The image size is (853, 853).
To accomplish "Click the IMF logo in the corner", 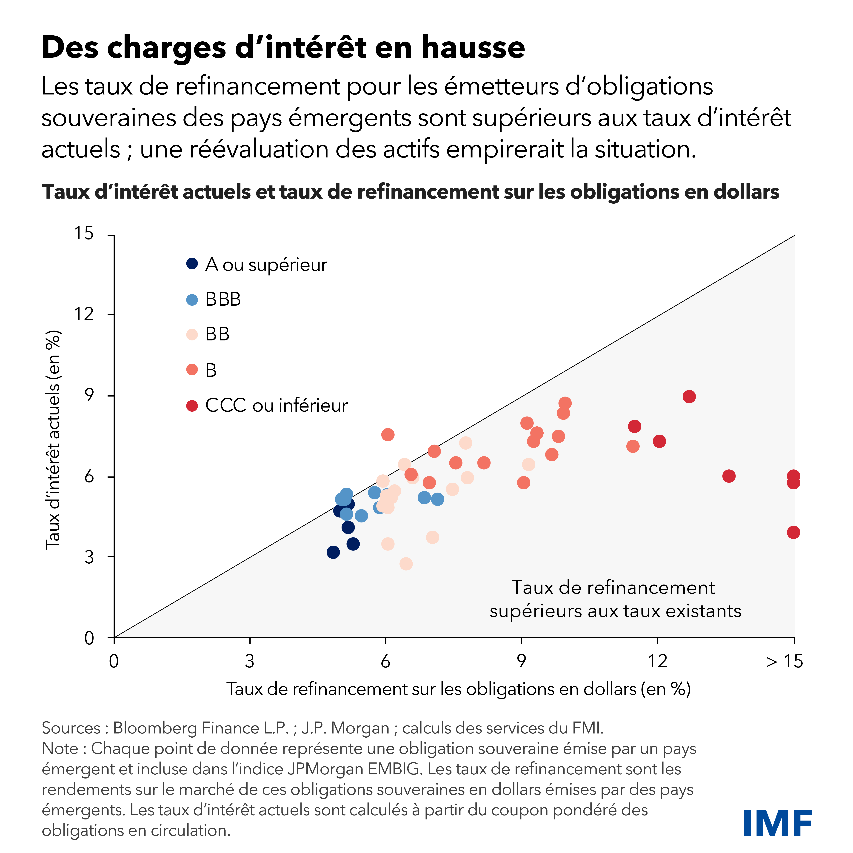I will click(x=777, y=823).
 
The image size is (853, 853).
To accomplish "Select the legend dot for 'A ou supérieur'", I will click(x=192, y=264).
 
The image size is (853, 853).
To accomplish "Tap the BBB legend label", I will click(x=223, y=299).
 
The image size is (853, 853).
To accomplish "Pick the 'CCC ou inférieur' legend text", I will click(x=276, y=405).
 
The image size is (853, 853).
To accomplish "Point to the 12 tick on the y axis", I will click(x=84, y=314).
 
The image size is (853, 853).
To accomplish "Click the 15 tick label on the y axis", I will click(x=84, y=233).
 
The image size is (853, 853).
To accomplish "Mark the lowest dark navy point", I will click(x=333, y=552).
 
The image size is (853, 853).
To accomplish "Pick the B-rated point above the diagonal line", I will click(x=388, y=435).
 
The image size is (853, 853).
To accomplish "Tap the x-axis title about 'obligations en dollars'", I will click(x=458, y=689).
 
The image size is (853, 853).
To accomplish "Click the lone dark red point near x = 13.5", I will click(x=729, y=476).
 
